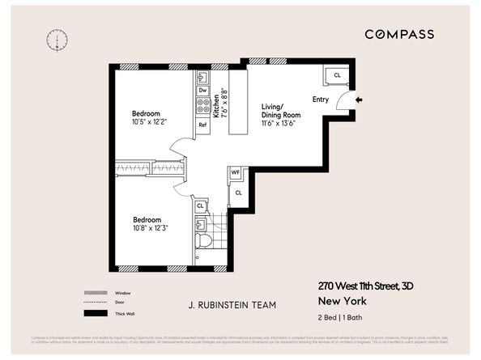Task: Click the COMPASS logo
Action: coord(398,34)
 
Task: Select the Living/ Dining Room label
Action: coord(280,111)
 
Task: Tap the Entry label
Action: coord(321,100)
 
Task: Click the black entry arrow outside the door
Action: coord(360,100)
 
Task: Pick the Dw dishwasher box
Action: coord(202,90)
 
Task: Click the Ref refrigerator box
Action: coord(202,125)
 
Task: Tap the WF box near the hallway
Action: coord(235,172)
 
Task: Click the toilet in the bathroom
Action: coord(203,239)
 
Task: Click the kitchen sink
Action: coord(202,77)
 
